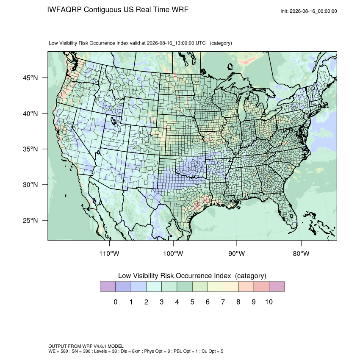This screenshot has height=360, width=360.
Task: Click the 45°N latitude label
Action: tap(30, 78)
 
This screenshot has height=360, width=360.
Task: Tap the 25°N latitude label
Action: tap(30, 220)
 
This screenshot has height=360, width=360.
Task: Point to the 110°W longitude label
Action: tap(109, 253)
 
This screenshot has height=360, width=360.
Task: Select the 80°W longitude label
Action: tap(301, 253)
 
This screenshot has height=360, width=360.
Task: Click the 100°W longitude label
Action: tap(173, 253)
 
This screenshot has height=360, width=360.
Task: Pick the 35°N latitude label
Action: tap(30, 149)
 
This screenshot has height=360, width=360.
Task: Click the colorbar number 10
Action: tap(269, 302)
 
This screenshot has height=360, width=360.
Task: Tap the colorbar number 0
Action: tap(116, 302)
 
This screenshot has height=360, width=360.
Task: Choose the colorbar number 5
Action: tap(192, 302)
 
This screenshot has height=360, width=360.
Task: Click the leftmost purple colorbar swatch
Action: tap(108, 287)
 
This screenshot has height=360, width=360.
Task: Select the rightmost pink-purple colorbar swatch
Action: tap(277, 287)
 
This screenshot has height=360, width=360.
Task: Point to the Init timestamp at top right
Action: tap(309, 11)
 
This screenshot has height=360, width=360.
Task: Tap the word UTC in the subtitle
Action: tap(200, 43)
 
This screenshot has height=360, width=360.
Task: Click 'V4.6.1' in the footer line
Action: tap(100, 346)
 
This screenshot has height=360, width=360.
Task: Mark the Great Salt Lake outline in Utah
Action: tap(114, 121)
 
